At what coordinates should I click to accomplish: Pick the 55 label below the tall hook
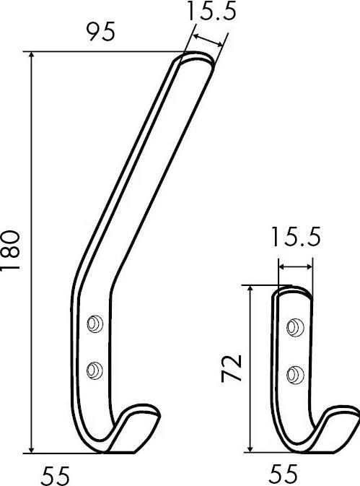(57, 474)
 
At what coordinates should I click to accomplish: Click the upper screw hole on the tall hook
(95, 324)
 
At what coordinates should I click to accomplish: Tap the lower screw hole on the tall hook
(95, 370)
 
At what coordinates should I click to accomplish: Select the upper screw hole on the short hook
(294, 327)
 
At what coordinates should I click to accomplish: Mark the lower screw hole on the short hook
(294, 373)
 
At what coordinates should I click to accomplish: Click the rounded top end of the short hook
(294, 291)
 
